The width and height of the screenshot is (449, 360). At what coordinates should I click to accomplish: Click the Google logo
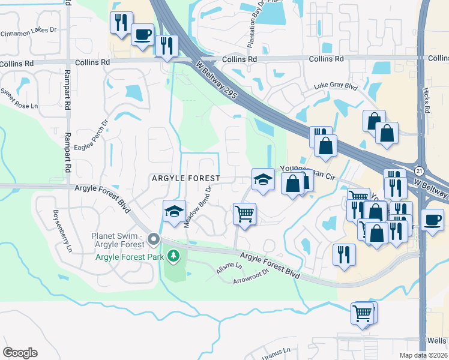[20, 353]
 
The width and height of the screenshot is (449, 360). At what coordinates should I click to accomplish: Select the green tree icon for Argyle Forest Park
[173, 256]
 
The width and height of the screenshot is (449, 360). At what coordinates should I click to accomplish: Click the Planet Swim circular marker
[154, 240]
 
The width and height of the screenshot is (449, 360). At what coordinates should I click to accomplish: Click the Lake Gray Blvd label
[336, 86]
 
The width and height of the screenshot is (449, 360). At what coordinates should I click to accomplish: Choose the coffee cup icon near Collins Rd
[142, 34]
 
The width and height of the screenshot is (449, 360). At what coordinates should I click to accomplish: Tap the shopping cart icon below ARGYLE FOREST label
[244, 213]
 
